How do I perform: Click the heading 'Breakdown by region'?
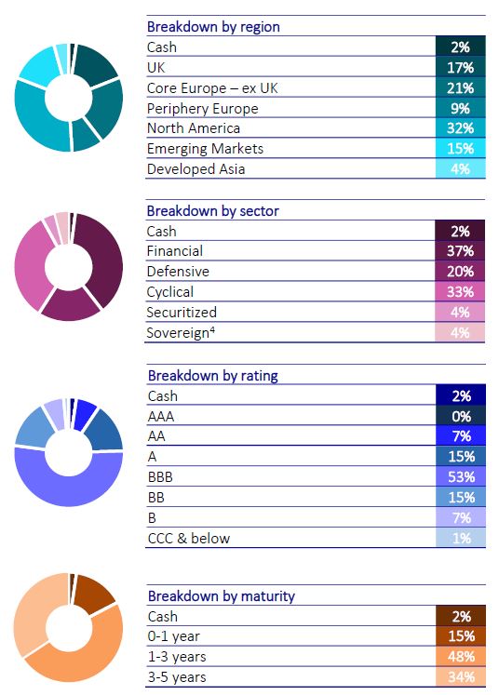click(213, 27)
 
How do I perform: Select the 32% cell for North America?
click(461, 128)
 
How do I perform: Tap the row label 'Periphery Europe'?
click(202, 108)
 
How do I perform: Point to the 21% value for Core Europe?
click(461, 87)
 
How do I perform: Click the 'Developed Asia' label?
click(196, 169)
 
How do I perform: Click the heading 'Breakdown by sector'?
click(213, 210)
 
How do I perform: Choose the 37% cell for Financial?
click(460, 251)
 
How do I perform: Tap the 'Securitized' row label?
click(182, 312)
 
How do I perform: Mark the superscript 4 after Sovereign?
click(212, 329)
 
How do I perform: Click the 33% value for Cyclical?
click(460, 291)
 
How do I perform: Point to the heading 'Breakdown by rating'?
click(213, 376)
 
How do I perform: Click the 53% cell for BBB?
click(462, 477)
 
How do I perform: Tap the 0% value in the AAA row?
click(462, 416)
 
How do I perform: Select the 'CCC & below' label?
click(189, 538)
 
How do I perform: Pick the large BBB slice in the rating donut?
click(69, 488)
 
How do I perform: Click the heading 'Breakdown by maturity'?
click(222, 595)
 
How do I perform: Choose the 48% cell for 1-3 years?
click(462, 657)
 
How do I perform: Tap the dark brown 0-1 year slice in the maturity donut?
click(94, 593)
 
